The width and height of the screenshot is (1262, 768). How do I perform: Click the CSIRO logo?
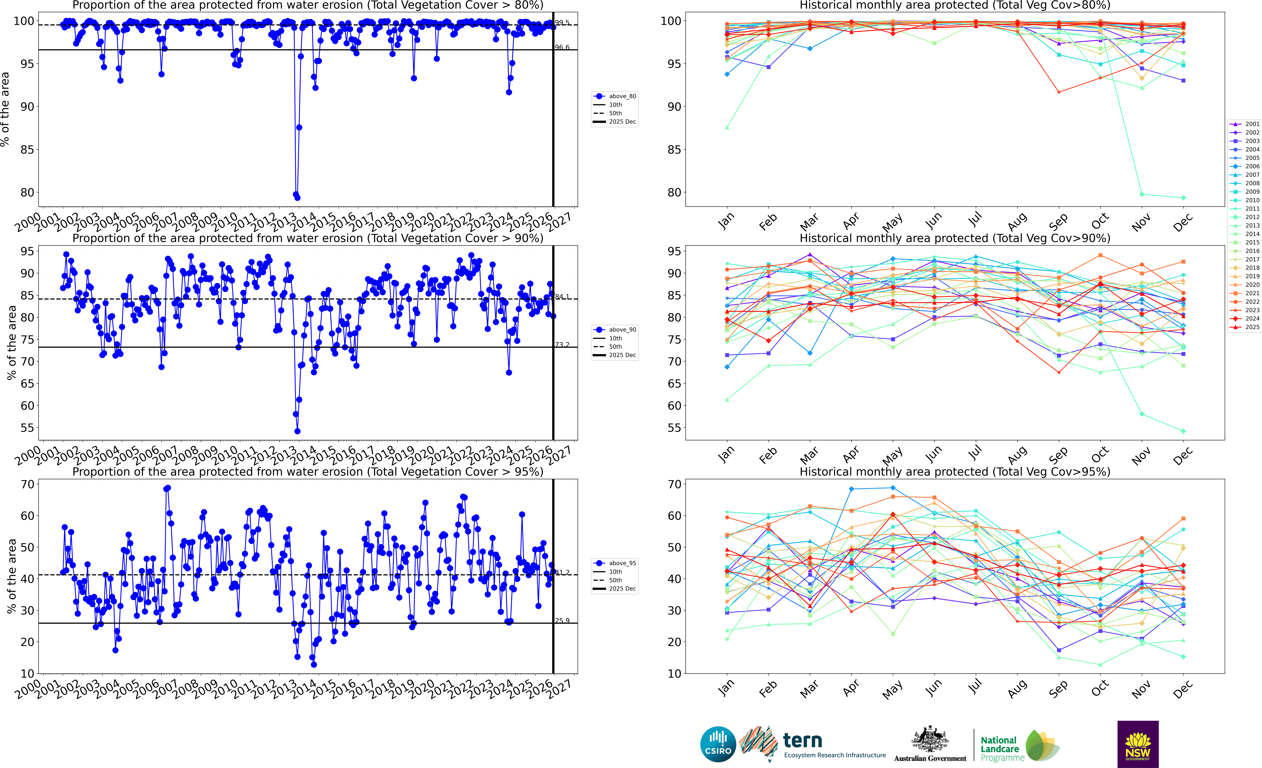click(x=718, y=744)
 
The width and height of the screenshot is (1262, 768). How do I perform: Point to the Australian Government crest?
click(x=930, y=739)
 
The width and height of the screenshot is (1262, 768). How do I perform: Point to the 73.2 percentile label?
click(x=562, y=345)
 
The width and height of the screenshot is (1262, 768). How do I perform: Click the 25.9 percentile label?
click(x=562, y=621)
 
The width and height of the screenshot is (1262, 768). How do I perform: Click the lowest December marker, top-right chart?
click(x=1183, y=198)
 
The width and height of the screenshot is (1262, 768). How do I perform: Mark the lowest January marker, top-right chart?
click(x=727, y=127)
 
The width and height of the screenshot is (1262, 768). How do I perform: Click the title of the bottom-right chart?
click(x=955, y=472)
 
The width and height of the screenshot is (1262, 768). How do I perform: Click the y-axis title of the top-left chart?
click(x=5, y=109)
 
